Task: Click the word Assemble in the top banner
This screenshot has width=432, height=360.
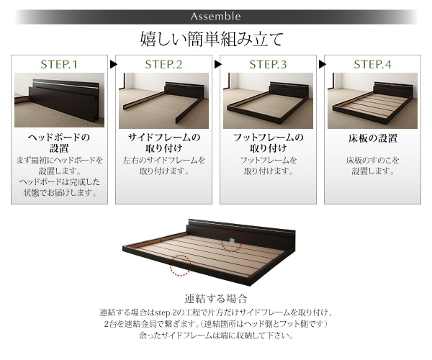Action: click(216, 17)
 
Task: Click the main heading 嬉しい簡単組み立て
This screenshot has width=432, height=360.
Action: click(212, 39)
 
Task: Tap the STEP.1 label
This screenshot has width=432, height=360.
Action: click(59, 65)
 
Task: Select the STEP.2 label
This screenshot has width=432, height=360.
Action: click(163, 65)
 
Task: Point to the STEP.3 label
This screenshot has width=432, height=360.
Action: click(268, 65)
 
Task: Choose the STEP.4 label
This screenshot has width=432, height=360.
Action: click(372, 65)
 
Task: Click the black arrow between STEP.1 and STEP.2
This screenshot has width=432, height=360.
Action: click(114, 65)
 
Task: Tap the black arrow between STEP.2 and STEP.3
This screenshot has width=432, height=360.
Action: click(218, 65)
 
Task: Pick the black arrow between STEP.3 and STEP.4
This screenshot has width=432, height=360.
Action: click(323, 65)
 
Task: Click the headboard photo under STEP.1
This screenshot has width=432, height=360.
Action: click(59, 100)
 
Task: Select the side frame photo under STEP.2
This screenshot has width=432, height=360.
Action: click(163, 101)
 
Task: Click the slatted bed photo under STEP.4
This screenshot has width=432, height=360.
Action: click(372, 101)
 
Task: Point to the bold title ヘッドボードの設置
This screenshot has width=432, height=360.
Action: click(59, 143)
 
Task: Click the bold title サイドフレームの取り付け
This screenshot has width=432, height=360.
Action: click(163, 143)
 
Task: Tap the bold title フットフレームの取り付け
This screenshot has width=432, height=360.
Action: click(268, 143)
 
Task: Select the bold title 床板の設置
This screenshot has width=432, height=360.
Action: click(372, 138)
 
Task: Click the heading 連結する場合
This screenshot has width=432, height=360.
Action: click(216, 299)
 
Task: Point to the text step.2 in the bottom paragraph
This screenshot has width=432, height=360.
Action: click(165, 313)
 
